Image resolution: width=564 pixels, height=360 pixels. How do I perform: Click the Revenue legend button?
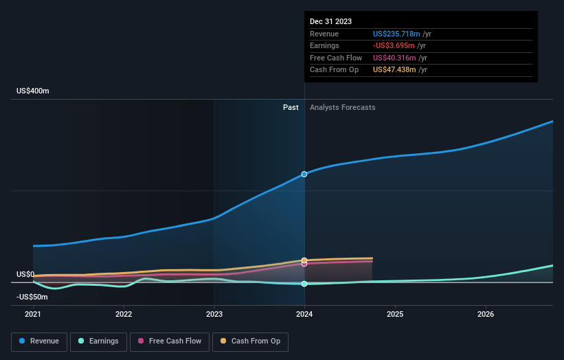[x=38, y=341]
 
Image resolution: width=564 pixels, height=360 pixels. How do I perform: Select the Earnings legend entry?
[x=98, y=341]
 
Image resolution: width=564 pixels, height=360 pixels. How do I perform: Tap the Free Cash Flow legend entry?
[x=168, y=341]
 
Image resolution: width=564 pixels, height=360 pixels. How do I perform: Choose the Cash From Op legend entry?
[x=250, y=341]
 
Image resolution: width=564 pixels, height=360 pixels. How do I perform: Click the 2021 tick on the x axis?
[x=33, y=315]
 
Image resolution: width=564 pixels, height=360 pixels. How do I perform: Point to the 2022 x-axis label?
[x=124, y=315]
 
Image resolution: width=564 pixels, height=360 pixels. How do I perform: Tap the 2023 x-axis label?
[x=214, y=315]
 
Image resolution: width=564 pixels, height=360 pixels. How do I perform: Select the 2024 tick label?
[x=304, y=315]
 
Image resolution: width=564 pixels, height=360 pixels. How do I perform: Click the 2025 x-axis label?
[x=395, y=315]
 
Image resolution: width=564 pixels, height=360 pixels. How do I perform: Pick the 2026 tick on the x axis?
[x=486, y=315]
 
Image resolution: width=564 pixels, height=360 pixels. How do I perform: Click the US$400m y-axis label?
[x=33, y=91]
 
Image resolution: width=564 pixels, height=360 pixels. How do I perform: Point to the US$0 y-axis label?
[x=25, y=274]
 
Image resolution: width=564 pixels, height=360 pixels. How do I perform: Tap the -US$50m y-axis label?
[x=32, y=297]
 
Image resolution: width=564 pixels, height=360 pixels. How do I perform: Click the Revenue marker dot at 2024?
[x=304, y=175]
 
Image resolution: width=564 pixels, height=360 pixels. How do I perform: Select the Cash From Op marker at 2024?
[x=304, y=260]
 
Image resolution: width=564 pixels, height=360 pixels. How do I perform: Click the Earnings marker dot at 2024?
[x=304, y=284]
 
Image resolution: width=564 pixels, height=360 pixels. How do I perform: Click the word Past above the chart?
[x=291, y=107]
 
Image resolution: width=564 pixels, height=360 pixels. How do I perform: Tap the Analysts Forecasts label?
[x=343, y=107]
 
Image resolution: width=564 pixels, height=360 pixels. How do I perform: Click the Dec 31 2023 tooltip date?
[x=330, y=21]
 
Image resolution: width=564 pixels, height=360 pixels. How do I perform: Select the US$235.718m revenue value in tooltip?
[x=396, y=34]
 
